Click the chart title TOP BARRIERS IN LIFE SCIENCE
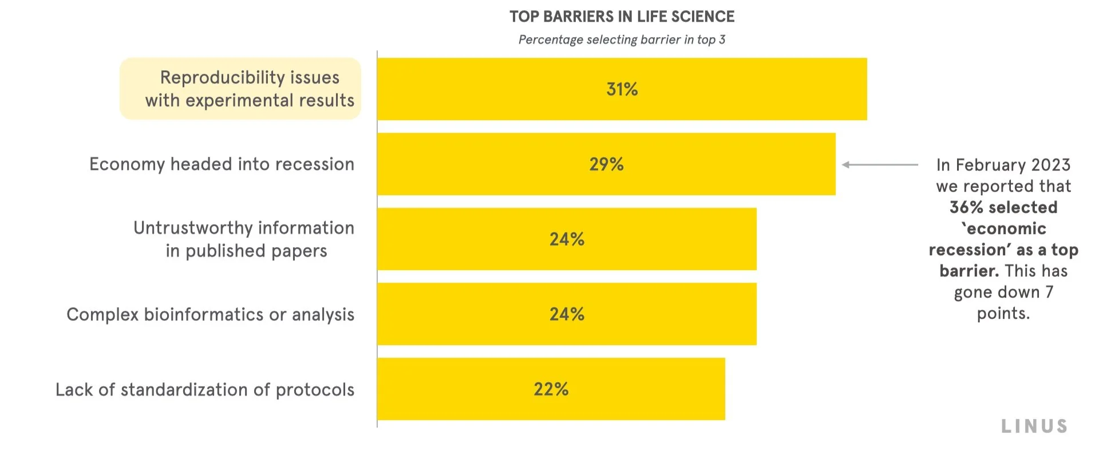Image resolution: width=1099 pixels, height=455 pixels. (622, 17)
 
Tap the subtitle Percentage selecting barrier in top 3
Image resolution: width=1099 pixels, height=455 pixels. (622, 39)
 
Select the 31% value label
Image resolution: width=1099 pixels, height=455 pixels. (622, 89)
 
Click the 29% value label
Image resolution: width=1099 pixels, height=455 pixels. (606, 164)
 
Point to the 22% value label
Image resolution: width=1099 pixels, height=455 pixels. (551, 389)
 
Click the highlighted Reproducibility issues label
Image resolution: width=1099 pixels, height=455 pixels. (240, 89)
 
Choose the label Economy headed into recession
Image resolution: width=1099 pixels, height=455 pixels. (222, 164)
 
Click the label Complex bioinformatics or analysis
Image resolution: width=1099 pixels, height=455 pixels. (210, 314)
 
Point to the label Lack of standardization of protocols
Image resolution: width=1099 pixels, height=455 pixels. (205, 389)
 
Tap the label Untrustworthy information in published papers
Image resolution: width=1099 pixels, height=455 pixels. (244, 239)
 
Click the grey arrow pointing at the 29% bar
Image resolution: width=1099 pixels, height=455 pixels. (879, 165)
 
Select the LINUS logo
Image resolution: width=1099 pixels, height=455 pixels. (1034, 426)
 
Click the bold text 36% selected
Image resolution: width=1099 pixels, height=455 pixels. (1003, 207)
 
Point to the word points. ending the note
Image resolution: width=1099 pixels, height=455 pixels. (1003, 313)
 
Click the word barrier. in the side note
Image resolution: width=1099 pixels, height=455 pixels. (968, 271)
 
